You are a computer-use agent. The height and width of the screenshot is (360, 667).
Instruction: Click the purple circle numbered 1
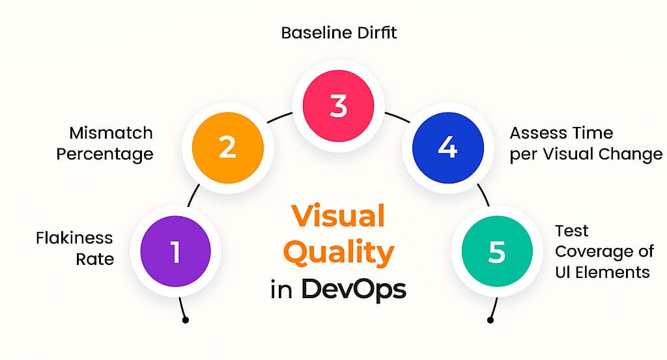pyautogui.click(x=176, y=252)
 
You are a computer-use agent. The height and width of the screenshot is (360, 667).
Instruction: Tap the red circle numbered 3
pyautogui.click(x=338, y=105)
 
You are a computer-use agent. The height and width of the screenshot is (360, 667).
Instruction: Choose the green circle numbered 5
pyautogui.click(x=496, y=252)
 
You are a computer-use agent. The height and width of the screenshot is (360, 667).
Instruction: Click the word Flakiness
pyautogui.click(x=74, y=238)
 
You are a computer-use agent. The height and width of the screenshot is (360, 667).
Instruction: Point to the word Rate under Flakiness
pyautogui.click(x=95, y=259)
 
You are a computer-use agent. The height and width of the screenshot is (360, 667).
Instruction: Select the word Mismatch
pyautogui.click(x=111, y=133)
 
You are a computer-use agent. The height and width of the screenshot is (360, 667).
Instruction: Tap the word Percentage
pyautogui.click(x=105, y=154)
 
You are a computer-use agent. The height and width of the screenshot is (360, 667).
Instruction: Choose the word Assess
pyautogui.click(x=538, y=133)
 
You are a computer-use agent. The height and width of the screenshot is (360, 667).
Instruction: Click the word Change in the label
pyautogui.click(x=631, y=154)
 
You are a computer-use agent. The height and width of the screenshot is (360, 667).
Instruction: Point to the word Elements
pyautogui.click(x=613, y=272)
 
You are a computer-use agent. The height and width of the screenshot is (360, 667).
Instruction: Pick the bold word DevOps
pyautogui.click(x=353, y=290)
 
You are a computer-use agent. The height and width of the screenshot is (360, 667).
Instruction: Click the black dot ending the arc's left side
pyautogui.click(x=186, y=320)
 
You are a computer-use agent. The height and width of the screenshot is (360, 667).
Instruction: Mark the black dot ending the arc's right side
pyautogui.click(x=489, y=320)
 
